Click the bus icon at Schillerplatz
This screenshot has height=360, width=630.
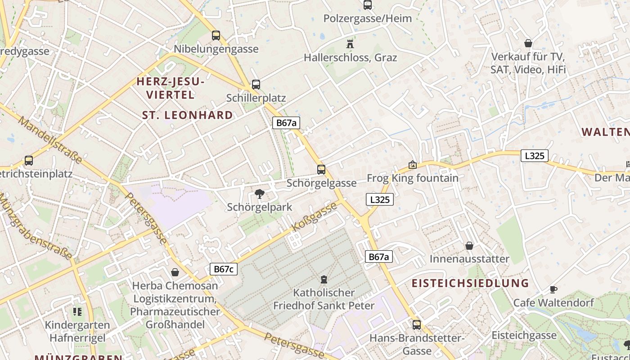tap(256, 84)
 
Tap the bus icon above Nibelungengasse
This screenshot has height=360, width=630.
tap(216, 35)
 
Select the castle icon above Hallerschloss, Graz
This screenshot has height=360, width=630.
tap(350, 44)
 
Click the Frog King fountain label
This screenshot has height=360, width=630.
tap(413, 178)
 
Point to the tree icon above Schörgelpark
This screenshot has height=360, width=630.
tap(259, 194)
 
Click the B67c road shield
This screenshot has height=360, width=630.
tap(224, 269)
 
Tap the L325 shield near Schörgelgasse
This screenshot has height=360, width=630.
tap(379, 199)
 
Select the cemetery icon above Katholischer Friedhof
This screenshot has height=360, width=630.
tap(324, 279)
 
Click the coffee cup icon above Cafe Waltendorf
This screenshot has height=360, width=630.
tap(553, 289)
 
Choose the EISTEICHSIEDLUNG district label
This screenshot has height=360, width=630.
tap(470, 283)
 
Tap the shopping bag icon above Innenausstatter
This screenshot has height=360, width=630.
tap(469, 246)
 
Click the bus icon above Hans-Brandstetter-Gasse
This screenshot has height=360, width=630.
tap(417, 324)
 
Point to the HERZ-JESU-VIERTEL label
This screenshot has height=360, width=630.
tap(171, 88)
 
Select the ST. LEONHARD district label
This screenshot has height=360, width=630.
tap(188, 115)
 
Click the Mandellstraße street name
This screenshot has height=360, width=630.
tap(50, 140)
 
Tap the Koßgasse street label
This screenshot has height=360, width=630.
tap(315, 217)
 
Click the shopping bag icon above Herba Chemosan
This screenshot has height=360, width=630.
tap(175, 272)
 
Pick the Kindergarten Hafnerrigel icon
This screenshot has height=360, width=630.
tap(77, 311)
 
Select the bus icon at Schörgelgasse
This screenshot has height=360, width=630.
tap(321, 169)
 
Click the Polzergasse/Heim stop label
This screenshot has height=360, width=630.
tap(368, 18)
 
